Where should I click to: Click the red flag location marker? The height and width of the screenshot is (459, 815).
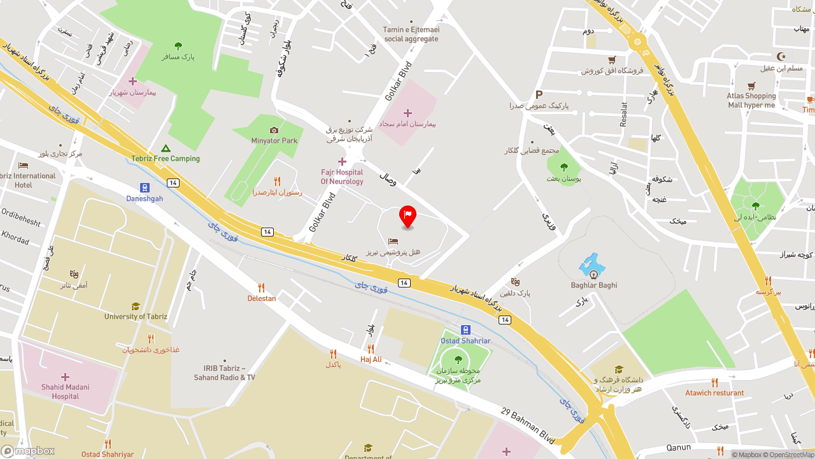(407, 215)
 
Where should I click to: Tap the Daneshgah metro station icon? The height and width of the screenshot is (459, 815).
(145, 187)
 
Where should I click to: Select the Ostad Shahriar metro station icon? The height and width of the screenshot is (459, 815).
(465, 330)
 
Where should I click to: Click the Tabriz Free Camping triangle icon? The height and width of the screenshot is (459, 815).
(166, 148)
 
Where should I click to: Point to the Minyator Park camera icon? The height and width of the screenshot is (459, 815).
(274, 130)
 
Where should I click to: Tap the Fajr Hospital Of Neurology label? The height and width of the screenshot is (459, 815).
(342, 177)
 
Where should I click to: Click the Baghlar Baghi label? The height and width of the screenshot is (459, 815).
(594, 285)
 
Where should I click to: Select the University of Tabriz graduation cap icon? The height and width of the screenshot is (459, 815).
(135, 307)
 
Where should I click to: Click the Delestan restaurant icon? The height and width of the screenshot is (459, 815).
(261, 288)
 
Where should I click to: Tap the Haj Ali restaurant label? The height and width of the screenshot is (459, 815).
(371, 360)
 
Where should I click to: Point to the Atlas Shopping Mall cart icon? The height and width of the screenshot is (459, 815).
(751, 85)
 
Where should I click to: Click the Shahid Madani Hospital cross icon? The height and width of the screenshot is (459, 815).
(65, 377)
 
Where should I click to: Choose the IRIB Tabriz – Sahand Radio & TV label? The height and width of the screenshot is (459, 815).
(224, 373)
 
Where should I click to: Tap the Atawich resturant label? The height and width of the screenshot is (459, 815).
(714, 393)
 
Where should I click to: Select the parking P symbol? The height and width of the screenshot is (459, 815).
(539, 94)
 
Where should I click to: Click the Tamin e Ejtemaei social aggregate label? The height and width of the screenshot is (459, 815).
(411, 34)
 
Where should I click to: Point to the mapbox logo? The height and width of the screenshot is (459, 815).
(28, 451)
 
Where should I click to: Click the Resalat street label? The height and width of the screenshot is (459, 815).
(624, 114)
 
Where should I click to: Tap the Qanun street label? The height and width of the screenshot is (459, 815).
(677, 448)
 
